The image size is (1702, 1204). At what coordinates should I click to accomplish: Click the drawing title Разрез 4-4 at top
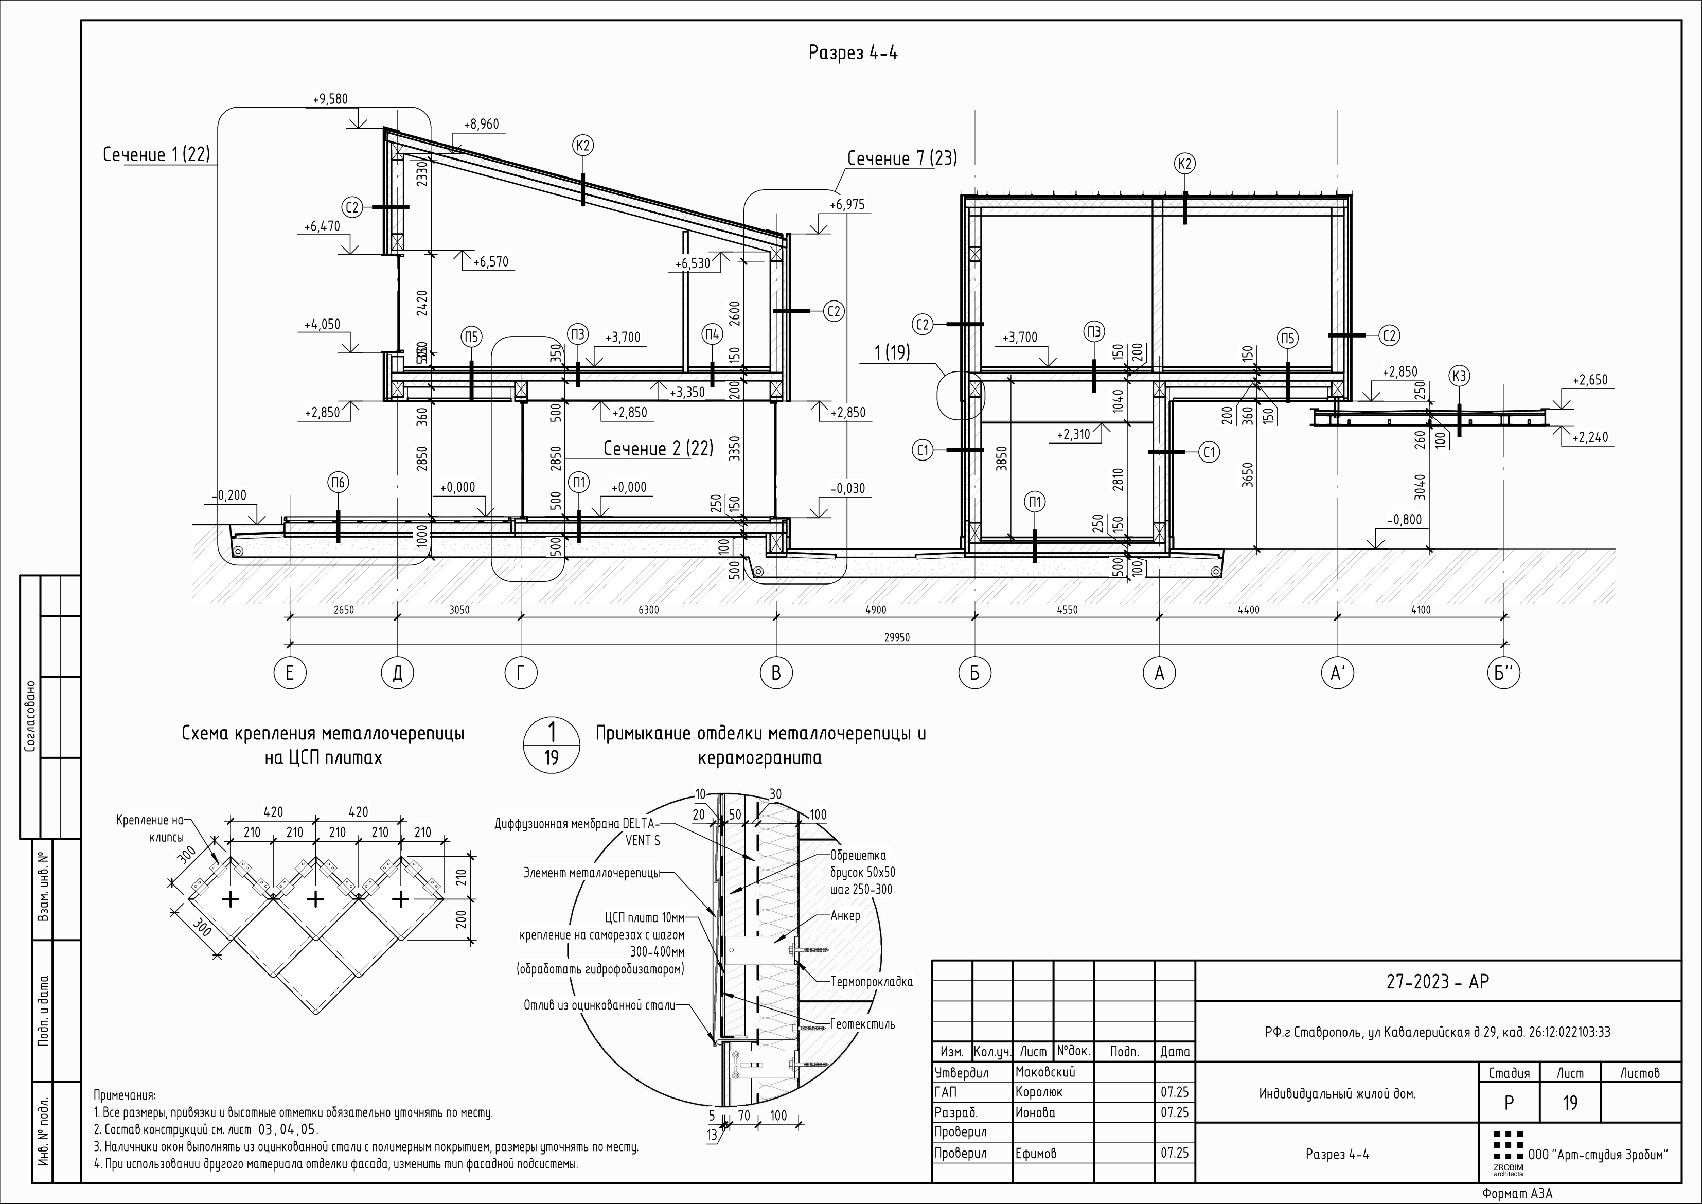pos(853,52)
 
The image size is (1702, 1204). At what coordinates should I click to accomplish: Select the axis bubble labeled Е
pos(289,672)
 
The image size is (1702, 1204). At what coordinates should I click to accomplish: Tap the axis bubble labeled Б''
pos(1503,672)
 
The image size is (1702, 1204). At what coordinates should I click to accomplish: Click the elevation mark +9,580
pos(330,99)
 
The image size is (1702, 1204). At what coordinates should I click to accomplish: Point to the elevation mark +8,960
pos(481,125)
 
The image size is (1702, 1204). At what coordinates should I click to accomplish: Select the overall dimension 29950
pos(896,637)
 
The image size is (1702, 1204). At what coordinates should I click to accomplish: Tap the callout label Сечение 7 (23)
pos(901,158)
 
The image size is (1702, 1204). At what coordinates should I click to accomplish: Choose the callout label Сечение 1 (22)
pos(156,154)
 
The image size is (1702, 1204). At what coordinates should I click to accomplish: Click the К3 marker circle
pos(1459,377)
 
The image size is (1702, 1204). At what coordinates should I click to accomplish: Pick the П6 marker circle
pos(338,483)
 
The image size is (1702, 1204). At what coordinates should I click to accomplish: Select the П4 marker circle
pos(712,335)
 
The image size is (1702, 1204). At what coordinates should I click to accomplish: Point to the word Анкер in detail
pos(845,915)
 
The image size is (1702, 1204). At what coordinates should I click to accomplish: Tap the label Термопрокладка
pos(871,982)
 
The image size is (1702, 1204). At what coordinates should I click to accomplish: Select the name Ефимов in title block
pos(1036,1153)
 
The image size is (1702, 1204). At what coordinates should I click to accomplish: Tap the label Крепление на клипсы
pos(150,828)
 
